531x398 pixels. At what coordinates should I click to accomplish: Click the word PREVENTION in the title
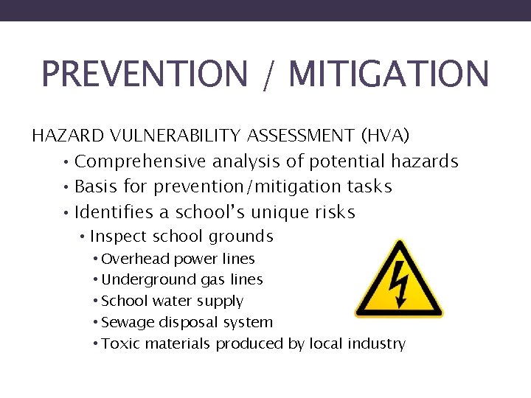coord(145,74)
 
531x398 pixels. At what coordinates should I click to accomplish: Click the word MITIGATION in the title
coord(388,74)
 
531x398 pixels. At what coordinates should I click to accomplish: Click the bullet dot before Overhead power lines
coord(96,259)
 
